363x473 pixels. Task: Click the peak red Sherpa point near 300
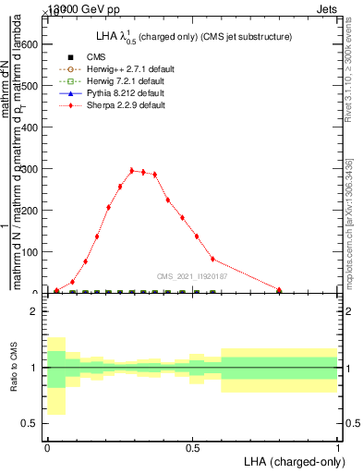tap(132, 170)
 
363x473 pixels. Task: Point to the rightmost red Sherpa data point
tap(280, 289)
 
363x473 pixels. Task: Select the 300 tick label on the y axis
tap(30, 169)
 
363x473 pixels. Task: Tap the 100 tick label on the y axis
tap(30, 252)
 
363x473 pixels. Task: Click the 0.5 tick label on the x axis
tap(192, 448)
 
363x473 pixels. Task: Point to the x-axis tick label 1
tap(338, 448)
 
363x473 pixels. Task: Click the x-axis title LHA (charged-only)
tap(292, 460)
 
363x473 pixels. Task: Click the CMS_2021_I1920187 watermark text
tap(191, 275)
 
